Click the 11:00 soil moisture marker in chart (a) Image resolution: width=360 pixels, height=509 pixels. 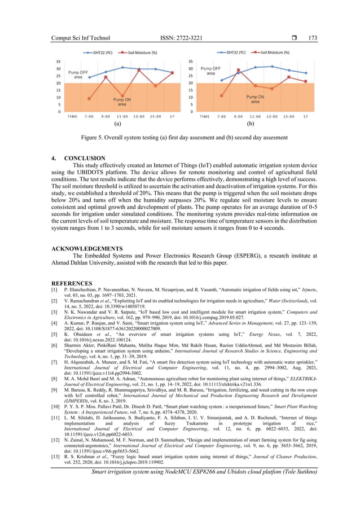(122, 96)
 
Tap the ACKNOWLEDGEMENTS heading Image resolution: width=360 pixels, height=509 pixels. (87, 248)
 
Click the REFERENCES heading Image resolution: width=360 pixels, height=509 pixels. (72, 283)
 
